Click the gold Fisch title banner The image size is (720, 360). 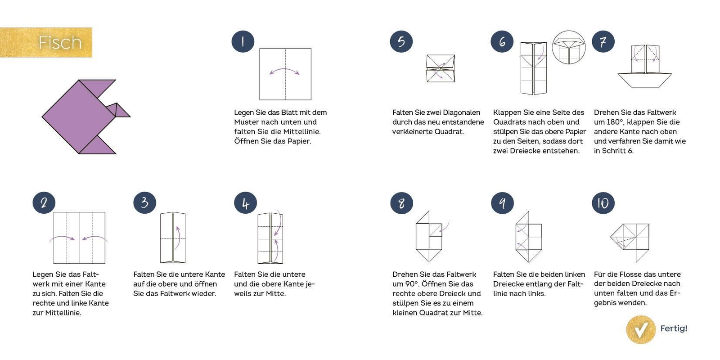point(46,42)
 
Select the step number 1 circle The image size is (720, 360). point(243,42)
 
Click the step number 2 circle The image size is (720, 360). point(44,203)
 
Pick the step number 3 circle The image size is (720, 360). point(144,203)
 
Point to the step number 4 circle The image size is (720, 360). point(246,203)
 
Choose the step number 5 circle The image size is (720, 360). point(401,42)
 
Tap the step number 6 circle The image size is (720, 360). point(502,42)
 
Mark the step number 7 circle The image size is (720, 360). point(603,42)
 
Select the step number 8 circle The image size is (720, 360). point(402,203)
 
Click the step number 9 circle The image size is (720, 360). point(502,203)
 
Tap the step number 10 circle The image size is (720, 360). point(603,203)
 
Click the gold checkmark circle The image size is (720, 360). point(641,329)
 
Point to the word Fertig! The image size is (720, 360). point(674,328)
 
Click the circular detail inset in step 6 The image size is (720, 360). point(569,47)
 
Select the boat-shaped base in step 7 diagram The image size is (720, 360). point(644,80)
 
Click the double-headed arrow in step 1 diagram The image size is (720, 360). point(284,69)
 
